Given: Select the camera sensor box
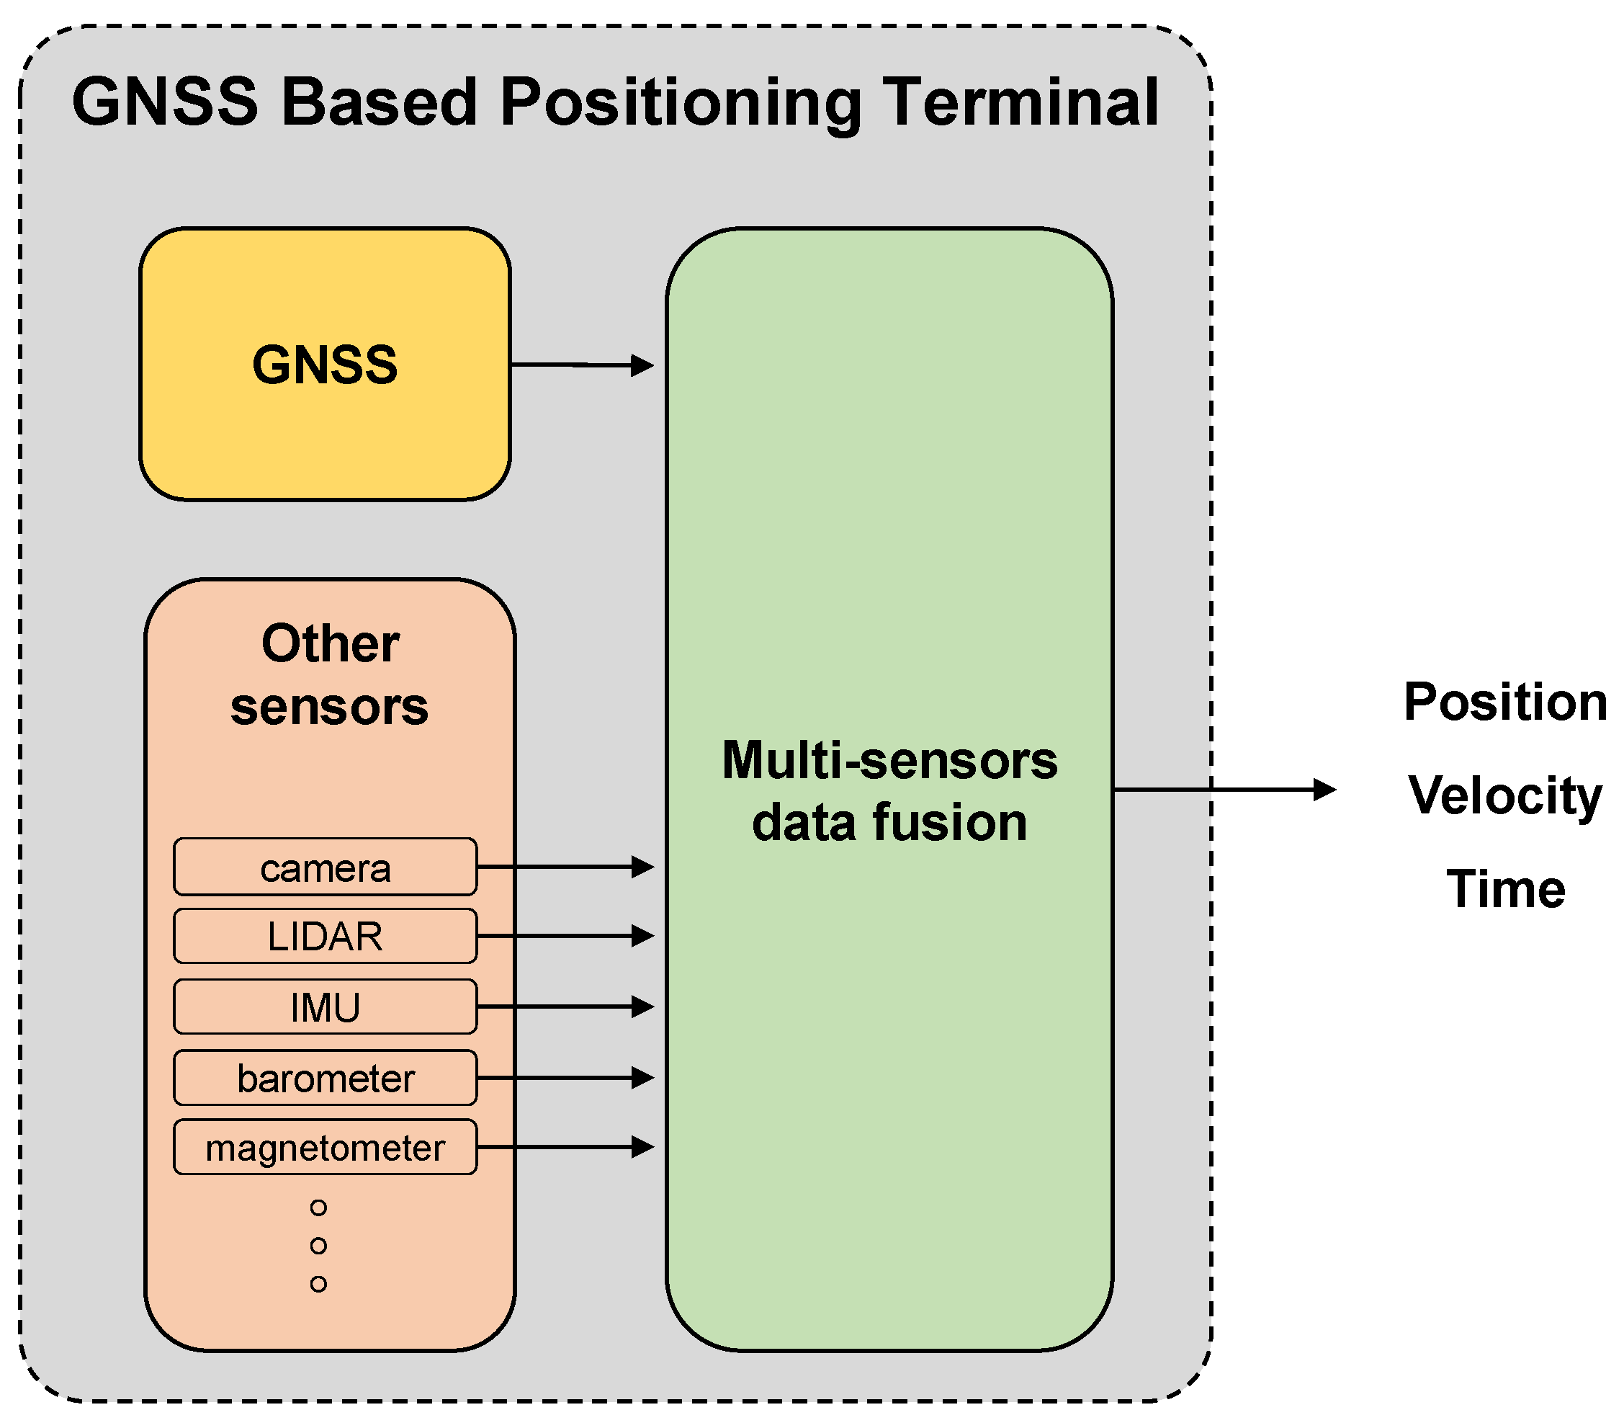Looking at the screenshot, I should coord(325,867).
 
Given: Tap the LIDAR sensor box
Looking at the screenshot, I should coord(325,937).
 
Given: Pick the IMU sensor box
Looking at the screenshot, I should coord(325,1007).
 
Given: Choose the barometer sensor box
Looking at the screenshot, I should coord(325,1079).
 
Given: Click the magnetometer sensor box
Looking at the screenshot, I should coord(325,1148).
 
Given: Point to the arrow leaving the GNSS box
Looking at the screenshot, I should coord(580,365).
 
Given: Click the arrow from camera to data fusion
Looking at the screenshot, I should coord(564,867).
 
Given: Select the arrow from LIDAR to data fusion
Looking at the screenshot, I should coord(564,936).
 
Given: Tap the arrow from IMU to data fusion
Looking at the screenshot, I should coord(564,1007).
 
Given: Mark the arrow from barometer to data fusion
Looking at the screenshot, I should coord(564,1078).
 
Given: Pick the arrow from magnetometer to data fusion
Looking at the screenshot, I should coord(564,1147).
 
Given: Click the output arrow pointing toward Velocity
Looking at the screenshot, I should coord(1224,790).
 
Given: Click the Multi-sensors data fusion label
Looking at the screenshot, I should coord(889,790).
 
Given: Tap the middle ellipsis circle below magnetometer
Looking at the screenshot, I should coord(318,1245).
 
